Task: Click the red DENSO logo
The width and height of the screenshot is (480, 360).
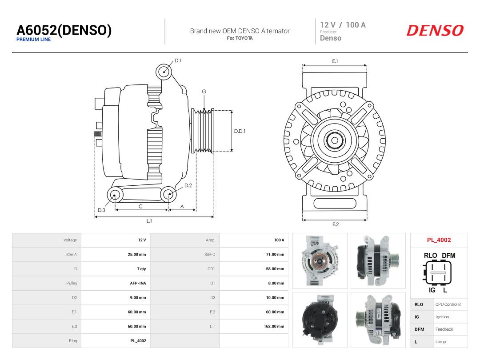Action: click(x=435, y=31)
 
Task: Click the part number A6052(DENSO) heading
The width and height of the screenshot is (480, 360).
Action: click(x=64, y=30)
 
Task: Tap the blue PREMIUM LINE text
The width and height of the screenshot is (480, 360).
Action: click(x=34, y=40)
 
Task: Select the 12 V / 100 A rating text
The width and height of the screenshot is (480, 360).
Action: click(x=343, y=25)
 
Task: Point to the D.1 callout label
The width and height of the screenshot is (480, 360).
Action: click(x=178, y=60)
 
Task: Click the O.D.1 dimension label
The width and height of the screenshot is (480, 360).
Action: click(x=240, y=131)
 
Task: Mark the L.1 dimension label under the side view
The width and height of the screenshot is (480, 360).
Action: click(x=149, y=221)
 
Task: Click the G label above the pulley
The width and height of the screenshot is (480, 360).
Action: click(x=204, y=92)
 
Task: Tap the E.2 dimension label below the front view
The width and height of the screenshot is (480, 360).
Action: click(x=336, y=224)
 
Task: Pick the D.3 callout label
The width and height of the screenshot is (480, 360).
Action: click(x=101, y=210)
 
